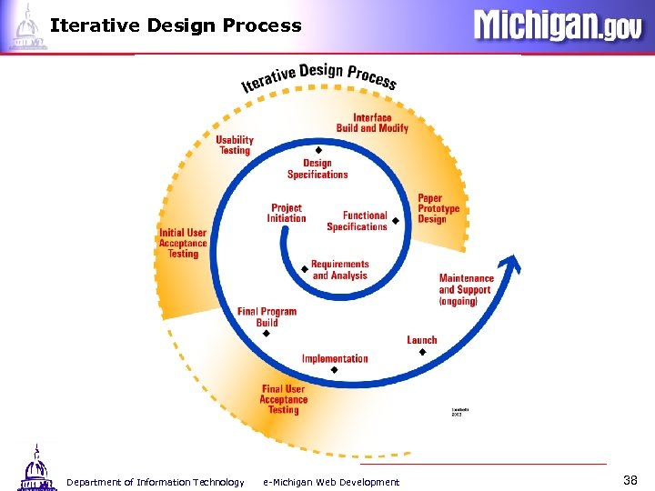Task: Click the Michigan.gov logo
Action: point(557,25)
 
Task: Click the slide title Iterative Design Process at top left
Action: point(176,25)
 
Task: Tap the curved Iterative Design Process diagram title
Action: point(318,76)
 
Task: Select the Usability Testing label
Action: point(235,145)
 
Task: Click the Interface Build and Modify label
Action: point(372,123)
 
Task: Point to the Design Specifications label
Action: point(317,169)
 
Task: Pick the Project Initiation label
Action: point(287,213)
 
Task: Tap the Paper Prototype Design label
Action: point(438,208)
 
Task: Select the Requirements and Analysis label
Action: point(339,270)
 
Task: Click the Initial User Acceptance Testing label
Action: point(183,243)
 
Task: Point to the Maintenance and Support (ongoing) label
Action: point(466,289)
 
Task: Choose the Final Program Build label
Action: point(267,316)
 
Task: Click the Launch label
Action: point(422,340)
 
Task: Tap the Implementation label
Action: point(335,358)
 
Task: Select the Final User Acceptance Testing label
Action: point(283,399)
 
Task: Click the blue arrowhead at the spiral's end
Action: point(512,263)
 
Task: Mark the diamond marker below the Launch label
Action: point(422,352)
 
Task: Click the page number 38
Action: point(630,479)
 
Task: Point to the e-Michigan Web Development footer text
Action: point(331,482)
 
